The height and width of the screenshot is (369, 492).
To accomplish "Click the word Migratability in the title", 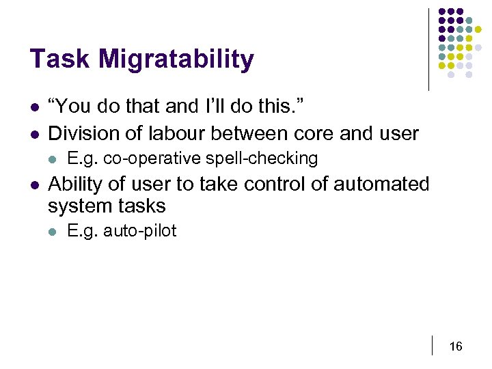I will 176,61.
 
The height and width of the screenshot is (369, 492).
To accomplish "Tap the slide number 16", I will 456,347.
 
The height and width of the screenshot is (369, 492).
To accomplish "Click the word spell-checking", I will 271,159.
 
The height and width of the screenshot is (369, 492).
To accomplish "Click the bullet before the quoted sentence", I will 33,107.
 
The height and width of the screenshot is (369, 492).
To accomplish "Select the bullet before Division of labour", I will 33,133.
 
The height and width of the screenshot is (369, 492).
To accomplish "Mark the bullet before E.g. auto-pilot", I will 52,232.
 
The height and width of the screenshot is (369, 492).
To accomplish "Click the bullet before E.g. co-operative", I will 52,159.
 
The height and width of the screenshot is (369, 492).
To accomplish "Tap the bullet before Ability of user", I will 33,185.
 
